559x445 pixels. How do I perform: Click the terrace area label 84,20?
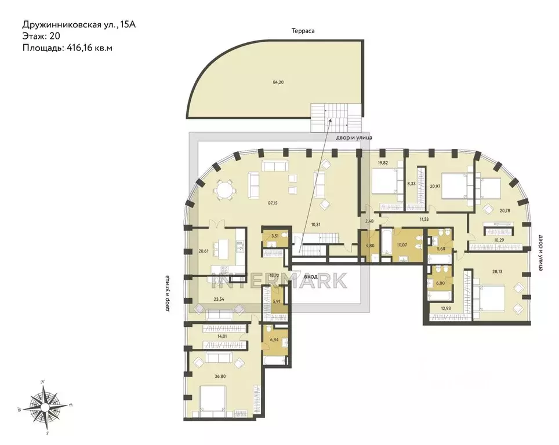click(x=278, y=82)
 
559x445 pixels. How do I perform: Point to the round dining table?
click(x=223, y=190)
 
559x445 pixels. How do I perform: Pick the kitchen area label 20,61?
click(x=203, y=251)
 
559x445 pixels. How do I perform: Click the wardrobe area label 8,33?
click(x=411, y=184)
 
